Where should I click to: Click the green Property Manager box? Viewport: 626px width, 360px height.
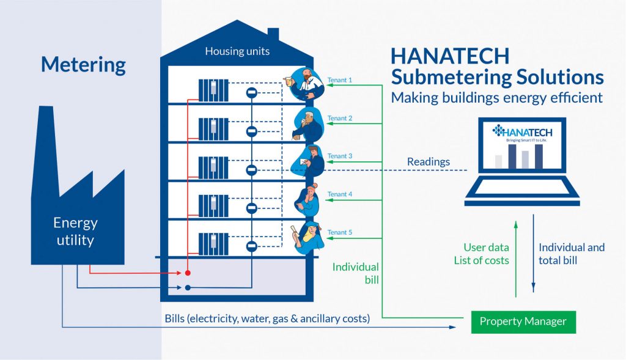(x=523, y=321)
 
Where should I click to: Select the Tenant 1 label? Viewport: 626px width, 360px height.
(x=340, y=80)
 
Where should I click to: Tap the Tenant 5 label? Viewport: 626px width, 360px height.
(x=340, y=232)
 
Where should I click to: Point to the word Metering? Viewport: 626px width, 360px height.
(x=83, y=65)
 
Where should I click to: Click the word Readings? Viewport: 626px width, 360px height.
(x=429, y=162)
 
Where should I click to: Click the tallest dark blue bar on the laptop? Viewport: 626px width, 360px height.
(x=539, y=156)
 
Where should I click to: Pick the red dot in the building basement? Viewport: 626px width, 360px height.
(x=188, y=273)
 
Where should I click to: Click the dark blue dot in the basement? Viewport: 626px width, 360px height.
(x=188, y=287)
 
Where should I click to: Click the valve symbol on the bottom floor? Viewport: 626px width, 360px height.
(x=251, y=246)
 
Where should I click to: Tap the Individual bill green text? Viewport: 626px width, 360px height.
(x=356, y=273)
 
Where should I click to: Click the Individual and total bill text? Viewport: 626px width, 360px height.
(x=572, y=254)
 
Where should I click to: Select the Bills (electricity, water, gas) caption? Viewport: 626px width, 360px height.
(x=267, y=318)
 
